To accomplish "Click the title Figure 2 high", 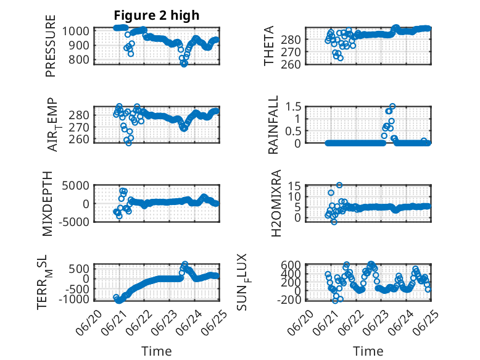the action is (x=157, y=15).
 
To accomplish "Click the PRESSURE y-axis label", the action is (x=51, y=46).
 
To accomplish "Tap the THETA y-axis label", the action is (x=269, y=46).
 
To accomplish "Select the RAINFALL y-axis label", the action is (x=273, y=124).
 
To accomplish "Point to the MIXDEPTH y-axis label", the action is (x=48, y=204).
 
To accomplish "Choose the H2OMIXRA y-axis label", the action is (x=276, y=203).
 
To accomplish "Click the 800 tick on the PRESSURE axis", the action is (x=79, y=60).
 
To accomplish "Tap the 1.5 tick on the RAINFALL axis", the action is (x=293, y=107).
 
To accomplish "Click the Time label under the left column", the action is (x=157, y=351).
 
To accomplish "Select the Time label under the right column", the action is (x=368, y=351).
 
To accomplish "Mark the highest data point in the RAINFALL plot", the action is (x=392, y=106).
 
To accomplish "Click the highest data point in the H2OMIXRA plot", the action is (x=339, y=185).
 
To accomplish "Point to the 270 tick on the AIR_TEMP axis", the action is (x=79, y=127).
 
